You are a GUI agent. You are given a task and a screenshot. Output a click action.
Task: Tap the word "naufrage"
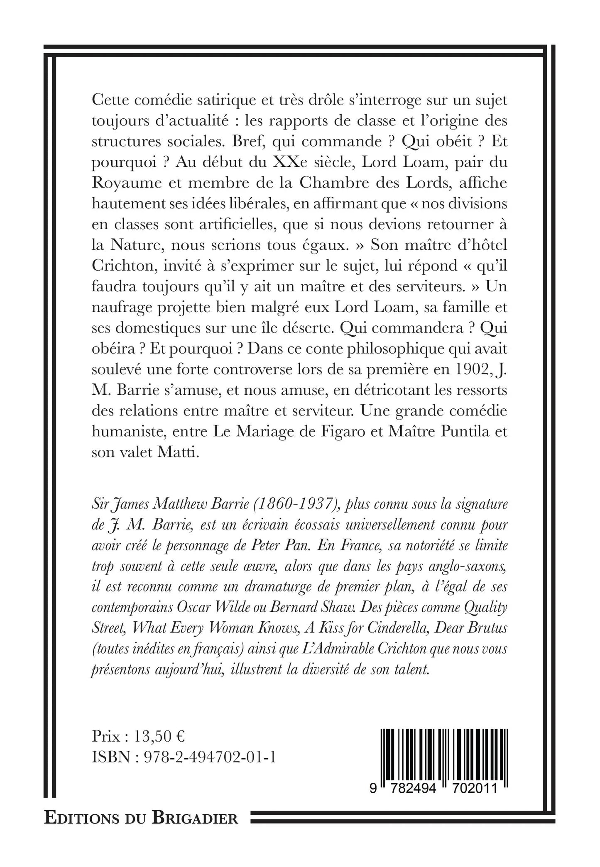119,308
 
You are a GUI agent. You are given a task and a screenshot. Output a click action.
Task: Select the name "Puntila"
464,432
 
